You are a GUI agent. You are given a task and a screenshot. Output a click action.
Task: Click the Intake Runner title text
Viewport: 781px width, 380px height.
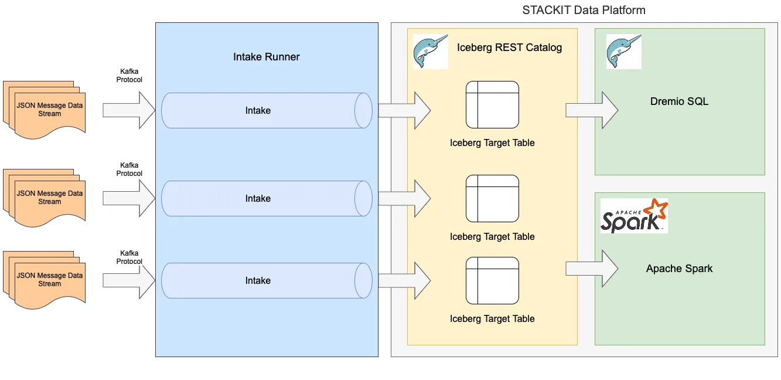[x=266, y=57]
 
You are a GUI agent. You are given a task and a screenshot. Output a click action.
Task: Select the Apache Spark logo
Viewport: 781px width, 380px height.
[x=634, y=216]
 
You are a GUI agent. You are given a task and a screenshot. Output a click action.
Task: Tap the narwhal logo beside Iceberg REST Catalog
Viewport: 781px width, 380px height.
[x=430, y=52]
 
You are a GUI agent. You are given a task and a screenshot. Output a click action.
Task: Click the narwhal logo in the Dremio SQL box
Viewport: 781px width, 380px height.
[x=623, y=52]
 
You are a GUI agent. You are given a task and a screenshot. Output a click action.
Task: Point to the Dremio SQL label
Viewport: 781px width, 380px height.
[x=679, y=101]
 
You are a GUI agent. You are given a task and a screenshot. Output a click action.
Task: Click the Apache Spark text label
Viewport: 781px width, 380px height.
[x=679, y=269]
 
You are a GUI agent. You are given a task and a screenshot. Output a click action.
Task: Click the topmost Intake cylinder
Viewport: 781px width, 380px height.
[x=266, y=110]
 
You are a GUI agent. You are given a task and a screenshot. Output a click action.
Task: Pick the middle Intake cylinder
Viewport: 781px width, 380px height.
[x=266, y=198]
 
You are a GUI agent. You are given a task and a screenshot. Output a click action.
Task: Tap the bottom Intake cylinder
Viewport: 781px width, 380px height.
[x=266, y=280]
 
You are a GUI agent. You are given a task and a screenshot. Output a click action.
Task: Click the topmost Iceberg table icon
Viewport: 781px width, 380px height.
[x=492, y=104]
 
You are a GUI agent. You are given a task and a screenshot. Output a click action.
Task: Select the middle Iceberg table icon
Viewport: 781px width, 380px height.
[x=492, y=198]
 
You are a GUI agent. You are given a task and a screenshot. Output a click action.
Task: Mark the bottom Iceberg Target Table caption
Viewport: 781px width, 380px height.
[x=492, y=319]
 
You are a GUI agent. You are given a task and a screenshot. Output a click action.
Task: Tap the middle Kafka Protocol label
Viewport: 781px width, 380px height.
[x=129, y=169]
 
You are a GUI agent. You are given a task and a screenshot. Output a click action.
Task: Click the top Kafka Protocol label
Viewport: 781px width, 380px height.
[x=129, y=76]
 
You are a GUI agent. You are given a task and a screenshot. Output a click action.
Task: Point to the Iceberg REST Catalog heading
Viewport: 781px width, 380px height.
[x=509, y=48]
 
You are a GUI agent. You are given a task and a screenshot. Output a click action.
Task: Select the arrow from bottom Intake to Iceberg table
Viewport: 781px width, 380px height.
[x=404, y=280]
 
